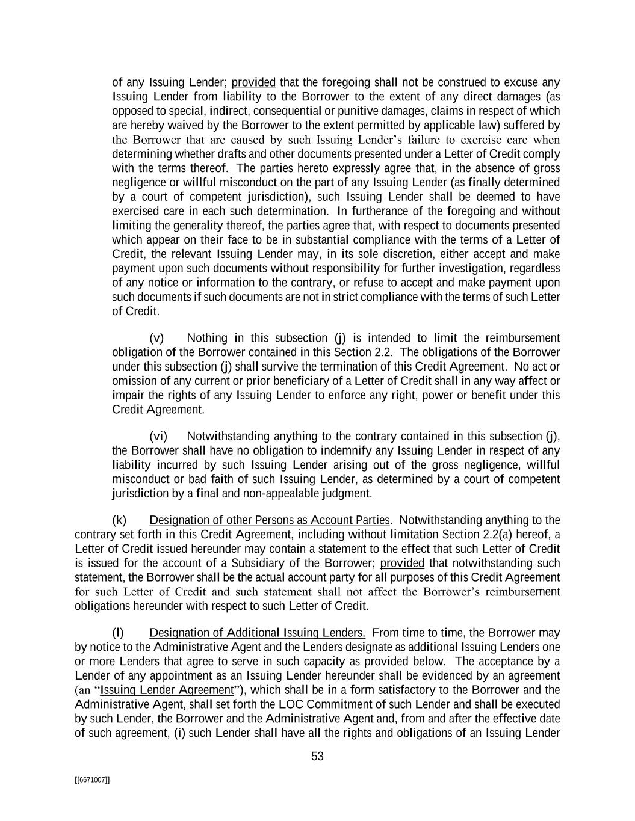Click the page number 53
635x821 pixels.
[317, 757]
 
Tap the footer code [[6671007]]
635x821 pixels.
[92, 779]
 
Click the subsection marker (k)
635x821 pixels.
[119, 520]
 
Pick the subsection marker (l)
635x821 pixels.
[118, 633]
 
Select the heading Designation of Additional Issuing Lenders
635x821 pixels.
[257, 633]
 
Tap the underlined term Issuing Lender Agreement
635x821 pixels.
[167, 690]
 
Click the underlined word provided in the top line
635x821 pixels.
[253, 82]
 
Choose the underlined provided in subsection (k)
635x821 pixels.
[403, 564]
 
